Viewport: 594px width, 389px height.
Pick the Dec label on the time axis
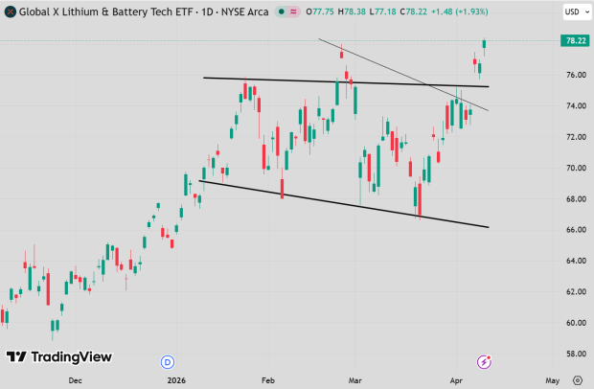click(x=76, y=379)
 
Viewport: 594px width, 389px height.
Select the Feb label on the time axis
click(x=269, y=379)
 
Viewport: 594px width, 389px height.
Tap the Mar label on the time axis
click(x=355, y=379)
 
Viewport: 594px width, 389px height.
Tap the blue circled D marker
click(x=168, y=361)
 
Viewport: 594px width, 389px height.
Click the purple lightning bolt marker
click(x=485, y=361)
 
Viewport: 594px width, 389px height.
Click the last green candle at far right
click(x=485, y=44)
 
